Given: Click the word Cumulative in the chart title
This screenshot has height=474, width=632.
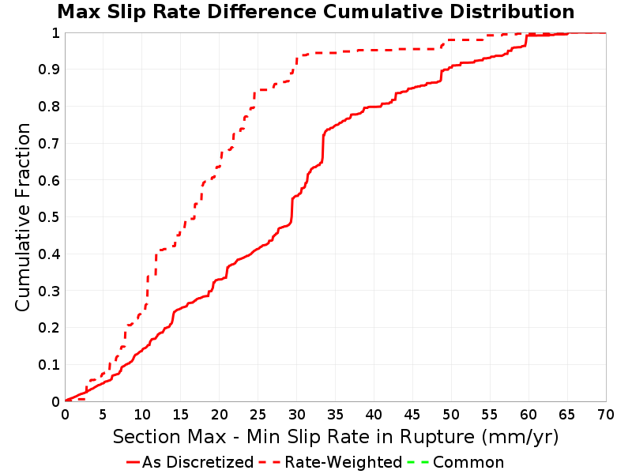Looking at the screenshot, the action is tap(382, 12).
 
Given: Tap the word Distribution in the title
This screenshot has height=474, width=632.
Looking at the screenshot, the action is tap(512, 12).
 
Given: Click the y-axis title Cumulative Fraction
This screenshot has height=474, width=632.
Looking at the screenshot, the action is tap(23, 216).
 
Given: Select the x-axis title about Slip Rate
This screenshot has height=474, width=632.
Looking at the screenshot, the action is tap(335, 437).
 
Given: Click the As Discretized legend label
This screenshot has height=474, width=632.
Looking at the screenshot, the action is tap(197, 462).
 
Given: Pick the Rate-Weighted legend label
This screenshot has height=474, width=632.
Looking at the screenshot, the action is tap(344, 462).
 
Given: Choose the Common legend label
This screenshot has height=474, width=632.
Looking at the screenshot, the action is tap(468, 462).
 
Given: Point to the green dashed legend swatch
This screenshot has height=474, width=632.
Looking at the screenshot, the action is tap(418, 462).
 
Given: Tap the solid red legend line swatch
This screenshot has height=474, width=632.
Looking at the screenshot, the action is tap(133, 462).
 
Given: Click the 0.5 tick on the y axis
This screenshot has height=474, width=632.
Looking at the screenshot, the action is tap(49, 216).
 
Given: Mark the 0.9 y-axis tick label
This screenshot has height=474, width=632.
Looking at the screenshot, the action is tap(49, 70).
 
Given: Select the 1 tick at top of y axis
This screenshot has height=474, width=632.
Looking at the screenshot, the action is tap(55, 33).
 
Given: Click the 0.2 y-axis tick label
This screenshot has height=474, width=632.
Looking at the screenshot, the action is tap(49, 327).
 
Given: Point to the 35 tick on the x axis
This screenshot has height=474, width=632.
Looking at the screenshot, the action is tap(335, 414).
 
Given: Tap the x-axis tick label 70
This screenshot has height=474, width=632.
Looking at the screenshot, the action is tap(606, 414).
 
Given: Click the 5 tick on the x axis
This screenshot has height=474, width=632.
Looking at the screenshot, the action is tap(103, 414).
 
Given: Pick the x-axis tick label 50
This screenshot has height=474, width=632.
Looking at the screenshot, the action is tap(451, 414).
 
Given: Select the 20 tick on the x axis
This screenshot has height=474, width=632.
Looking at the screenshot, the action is tap(220, 414).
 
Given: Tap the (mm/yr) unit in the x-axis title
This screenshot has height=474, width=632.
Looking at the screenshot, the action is tap(520, 438).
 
